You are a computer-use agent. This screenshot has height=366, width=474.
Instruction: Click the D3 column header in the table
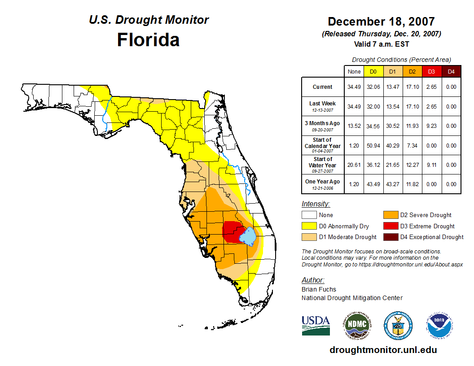tap(431, 71)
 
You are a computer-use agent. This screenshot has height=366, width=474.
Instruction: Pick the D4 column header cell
tap(451, 71)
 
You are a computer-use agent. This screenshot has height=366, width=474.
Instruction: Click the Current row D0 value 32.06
tap(373, 87)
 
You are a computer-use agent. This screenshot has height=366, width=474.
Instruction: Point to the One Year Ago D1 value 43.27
tap(392, 184)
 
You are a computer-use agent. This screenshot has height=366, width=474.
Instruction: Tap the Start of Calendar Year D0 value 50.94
tap(373, 146)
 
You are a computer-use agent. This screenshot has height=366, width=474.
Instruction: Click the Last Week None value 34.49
tap(354, 107)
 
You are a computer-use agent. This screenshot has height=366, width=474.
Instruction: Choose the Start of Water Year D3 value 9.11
tap(431, 165)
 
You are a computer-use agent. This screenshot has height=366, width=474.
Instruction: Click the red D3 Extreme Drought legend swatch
tap(391, 226)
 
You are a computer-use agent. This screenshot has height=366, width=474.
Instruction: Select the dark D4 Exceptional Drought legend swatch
tap(391, 237)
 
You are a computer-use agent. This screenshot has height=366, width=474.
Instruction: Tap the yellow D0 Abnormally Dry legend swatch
tap(309, 226)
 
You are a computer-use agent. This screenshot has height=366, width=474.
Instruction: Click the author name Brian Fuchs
tap(319, 289)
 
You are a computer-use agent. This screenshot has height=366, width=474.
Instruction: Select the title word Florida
tap(148, 40)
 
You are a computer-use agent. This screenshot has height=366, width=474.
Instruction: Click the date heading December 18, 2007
tap(381, 22)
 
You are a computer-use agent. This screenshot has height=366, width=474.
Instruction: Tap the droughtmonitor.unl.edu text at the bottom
tap(383, 350)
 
